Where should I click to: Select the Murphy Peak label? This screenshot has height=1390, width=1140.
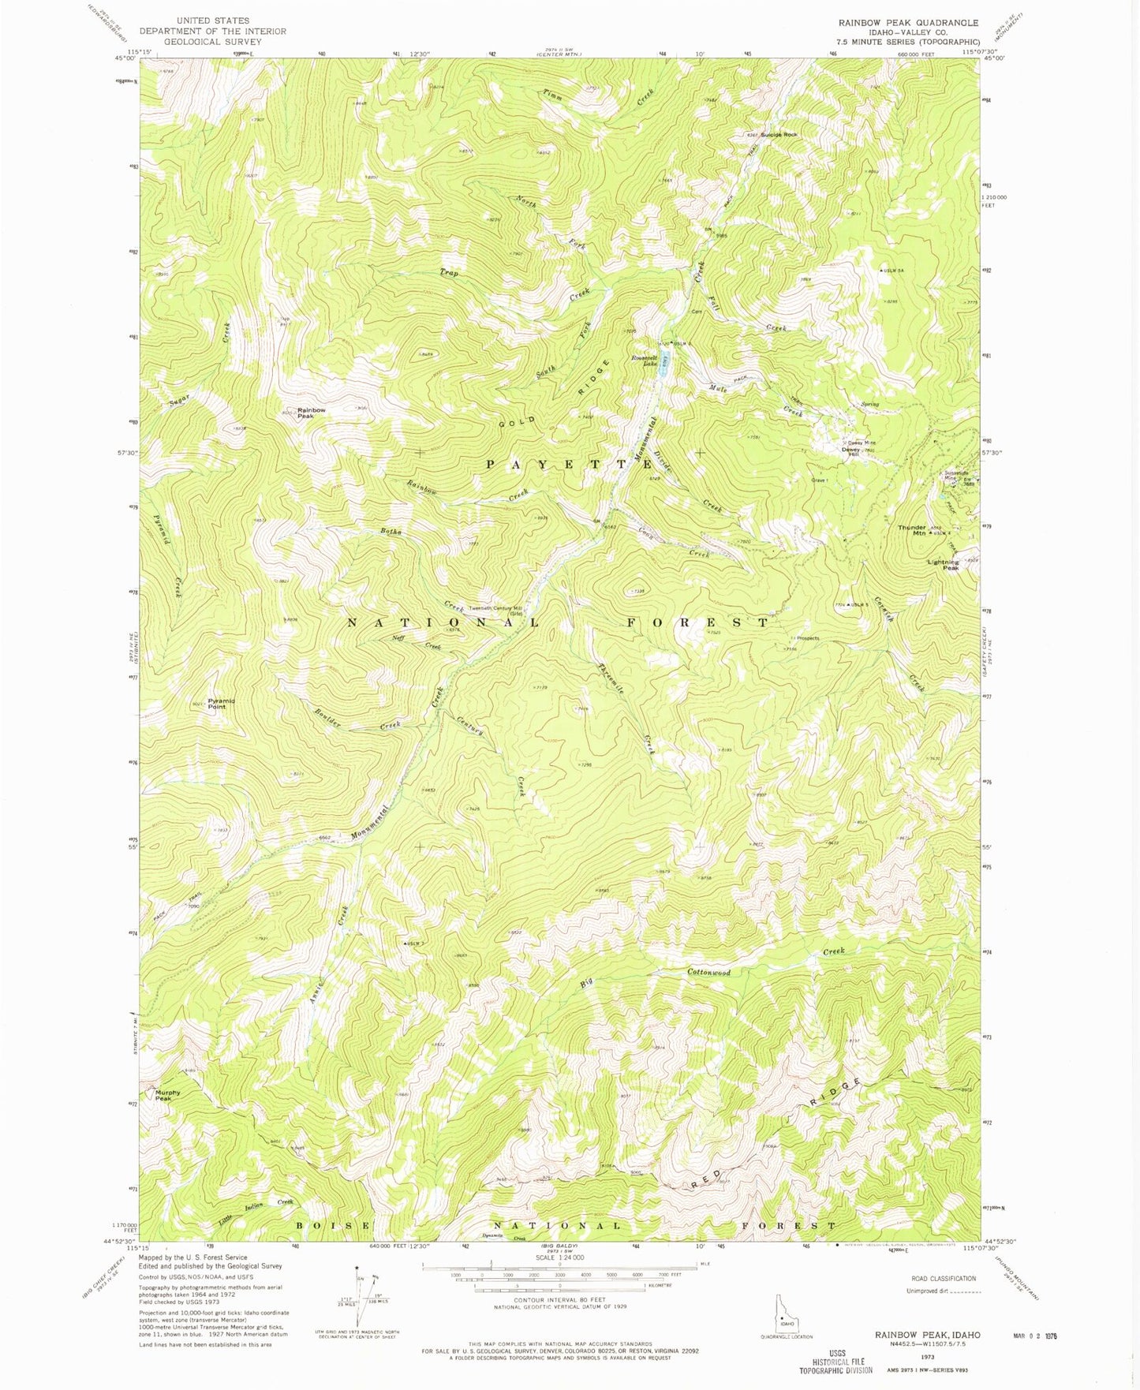coord(167,1095)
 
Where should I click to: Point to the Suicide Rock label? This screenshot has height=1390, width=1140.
coord(779,135)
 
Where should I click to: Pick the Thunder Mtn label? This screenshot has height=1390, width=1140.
coord(911,530)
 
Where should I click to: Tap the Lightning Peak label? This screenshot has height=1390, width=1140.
coord(943,565)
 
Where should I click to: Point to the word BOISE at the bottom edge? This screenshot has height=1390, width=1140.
coord(334,1225)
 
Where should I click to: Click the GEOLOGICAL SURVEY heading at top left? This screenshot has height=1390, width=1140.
coord(213,42)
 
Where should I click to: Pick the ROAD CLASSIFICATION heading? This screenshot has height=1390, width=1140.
coord(944,1278)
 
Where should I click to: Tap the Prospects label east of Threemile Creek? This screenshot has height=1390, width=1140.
coord(807,638)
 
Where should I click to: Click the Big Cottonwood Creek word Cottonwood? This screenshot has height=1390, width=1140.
coord(708,972)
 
